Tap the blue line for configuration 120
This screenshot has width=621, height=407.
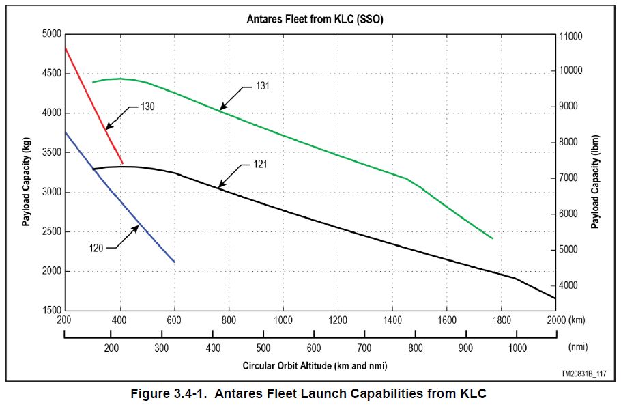[x=119, y=198]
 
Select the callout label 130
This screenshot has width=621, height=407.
[x=147, y=107]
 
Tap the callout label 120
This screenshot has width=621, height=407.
[x=96, y=248]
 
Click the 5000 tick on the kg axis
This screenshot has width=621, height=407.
[x=52, y=33]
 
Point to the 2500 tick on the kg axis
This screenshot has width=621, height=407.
[x=52, y=231]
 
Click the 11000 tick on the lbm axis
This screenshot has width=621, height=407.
[x=571, y=35]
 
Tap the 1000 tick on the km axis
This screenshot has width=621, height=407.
[x=283, y=319]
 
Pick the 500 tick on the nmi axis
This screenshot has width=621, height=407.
[x=264, y=348]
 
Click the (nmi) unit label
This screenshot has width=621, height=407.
[x=577, y=348]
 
